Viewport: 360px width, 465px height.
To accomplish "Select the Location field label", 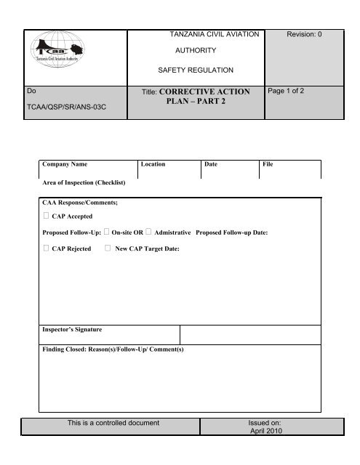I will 156,166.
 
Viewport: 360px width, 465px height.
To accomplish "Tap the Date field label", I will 211,166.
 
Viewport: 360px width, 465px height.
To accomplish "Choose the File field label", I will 267,166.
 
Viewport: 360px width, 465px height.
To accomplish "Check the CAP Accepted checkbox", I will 46,217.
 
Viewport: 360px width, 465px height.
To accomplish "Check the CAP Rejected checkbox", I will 46,249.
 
